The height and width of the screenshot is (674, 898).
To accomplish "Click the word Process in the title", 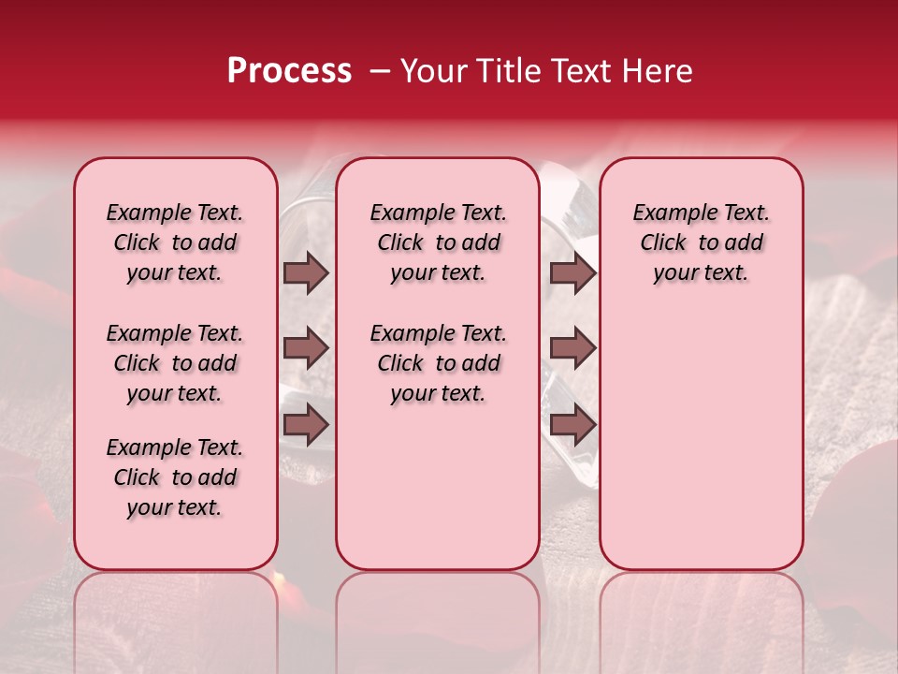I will (x=289, y=71).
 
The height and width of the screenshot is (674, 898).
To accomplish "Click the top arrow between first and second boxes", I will (x=306, y=272).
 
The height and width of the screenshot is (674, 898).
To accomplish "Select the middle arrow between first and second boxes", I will (x=306, y=348).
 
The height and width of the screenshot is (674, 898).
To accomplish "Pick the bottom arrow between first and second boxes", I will (x=306, y=425).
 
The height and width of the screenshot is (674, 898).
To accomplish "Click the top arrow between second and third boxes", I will (x=572, y=272).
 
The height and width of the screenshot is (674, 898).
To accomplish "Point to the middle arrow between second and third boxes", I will (x=572, y=348).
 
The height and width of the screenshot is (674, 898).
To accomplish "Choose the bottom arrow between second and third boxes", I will (x=572, y=425).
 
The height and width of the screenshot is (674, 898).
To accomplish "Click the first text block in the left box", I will (x=175, y=242).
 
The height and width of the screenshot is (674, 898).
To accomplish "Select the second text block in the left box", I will (x=175, y=363).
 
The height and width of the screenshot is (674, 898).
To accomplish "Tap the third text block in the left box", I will (x=175, y=477).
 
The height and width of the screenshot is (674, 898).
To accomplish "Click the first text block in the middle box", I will (x=438, y=242).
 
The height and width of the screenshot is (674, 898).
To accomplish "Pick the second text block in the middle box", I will (x=438, y=363).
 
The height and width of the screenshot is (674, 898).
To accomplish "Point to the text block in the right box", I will (x=701, y=242).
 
